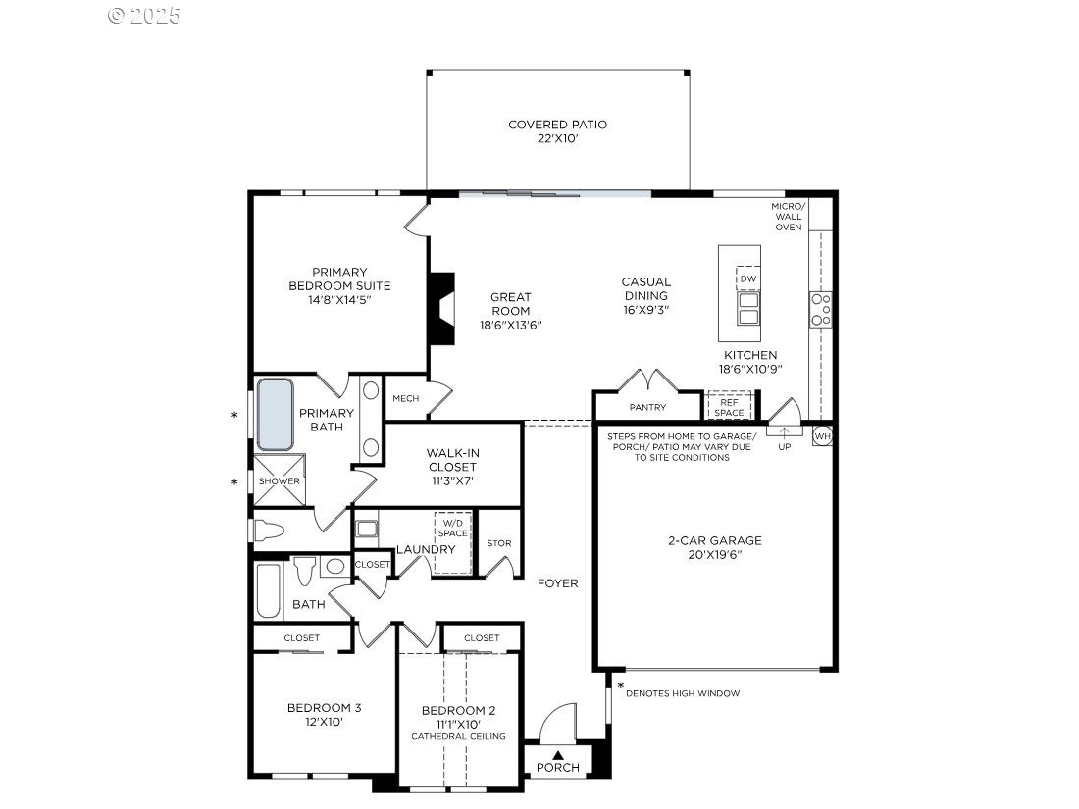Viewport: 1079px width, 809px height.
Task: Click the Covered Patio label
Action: click(x=557, y=125)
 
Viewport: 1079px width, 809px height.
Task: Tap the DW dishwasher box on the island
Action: click(x=747, y=278)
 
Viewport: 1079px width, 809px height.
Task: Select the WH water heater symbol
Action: click(x=822, y=435)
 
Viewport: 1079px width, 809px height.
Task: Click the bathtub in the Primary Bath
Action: click(x=276, y=414)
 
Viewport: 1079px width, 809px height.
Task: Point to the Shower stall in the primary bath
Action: click(x=279, y=481)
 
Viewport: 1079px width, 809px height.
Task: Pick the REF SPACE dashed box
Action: click(x=729, y=406)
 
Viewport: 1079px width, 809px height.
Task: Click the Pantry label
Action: click(x=647, y=407)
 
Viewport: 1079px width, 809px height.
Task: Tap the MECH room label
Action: click(x=406, y=399)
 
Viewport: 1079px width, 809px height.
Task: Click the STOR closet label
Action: click(x=499, y=543)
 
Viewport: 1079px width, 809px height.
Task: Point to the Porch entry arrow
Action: click(x=557, y=754)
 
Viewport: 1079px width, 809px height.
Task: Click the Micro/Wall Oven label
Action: click(x=788, y=217)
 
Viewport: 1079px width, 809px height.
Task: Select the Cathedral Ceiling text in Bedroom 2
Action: click(x=458, y=736)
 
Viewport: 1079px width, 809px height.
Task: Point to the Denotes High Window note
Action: click(x=683, y=693)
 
